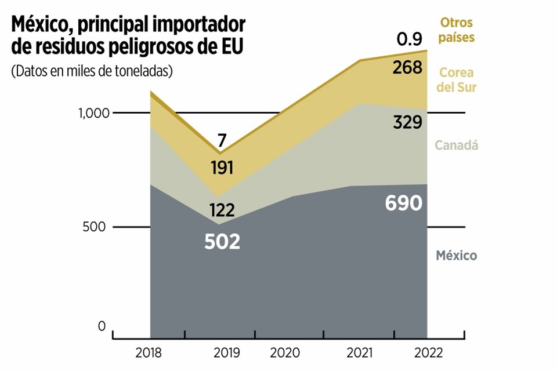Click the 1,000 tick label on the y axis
(93, 113)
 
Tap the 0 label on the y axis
(102, 327)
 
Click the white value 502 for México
(222, 242)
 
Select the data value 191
(222, 168)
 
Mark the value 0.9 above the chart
(410, 40)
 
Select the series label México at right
(457, 255)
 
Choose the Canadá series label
(457, 146)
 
